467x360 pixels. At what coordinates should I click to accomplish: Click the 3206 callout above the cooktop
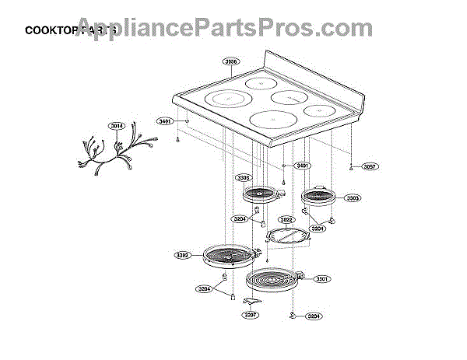[x=232, y=62]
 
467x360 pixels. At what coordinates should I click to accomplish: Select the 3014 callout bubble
[x=117, y=126]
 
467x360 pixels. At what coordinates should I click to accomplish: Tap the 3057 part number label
[x=369, y=166]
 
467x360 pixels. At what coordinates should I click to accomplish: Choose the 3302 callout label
[x=183, y=254]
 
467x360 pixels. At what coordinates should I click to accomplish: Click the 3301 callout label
[x=322, y=278]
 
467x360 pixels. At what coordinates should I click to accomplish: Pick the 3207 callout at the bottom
[x=250, y=316]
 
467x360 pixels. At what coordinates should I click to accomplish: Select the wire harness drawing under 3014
[x=117, y=152]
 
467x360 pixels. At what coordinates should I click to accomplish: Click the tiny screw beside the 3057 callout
[x=352, y=166]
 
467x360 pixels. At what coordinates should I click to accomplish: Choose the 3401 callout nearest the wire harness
[x=165, y=122]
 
